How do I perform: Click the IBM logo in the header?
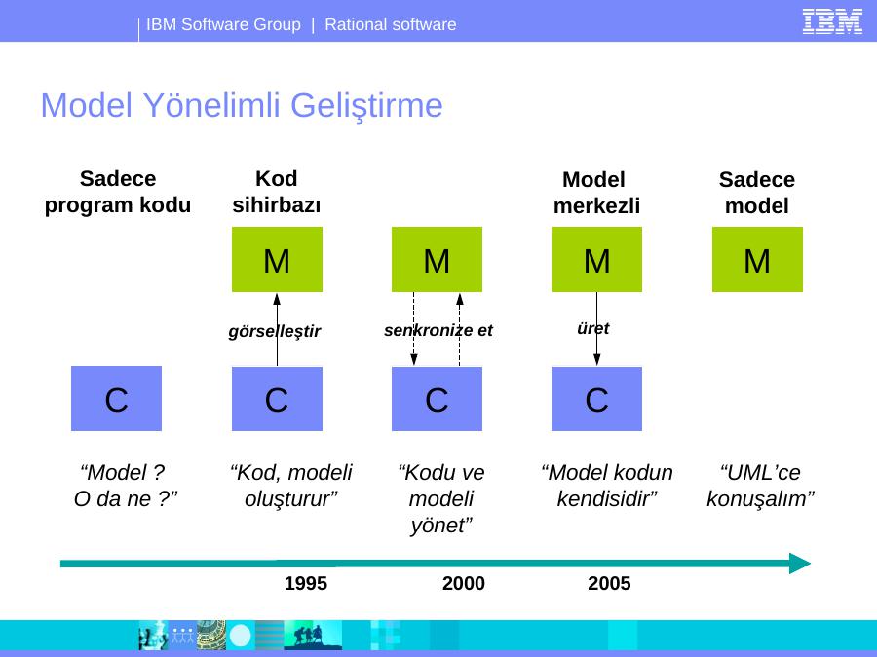[832, 21]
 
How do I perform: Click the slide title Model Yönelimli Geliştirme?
[242, 105]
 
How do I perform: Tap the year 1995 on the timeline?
[305, 583]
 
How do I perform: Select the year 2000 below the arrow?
[463, 583]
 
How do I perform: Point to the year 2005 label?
[609, 583]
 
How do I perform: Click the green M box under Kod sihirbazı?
[277, 259]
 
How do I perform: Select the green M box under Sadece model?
[757, 259]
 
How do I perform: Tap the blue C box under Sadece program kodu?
[116, 398]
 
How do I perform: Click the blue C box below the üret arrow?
[596, 399]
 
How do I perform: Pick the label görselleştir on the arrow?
[275, 331]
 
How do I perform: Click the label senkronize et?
[438, 330]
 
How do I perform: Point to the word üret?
[592, 328]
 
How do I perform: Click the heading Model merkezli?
[596, 193]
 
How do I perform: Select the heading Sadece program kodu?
[118, 192]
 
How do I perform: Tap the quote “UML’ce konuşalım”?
[760, 486]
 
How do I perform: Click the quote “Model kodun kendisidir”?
[607, 486]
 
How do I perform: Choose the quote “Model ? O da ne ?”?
[126, 486]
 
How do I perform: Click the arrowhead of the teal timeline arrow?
[800, 564]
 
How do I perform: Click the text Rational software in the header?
[391, 24]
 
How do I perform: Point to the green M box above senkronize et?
[437, 259]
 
